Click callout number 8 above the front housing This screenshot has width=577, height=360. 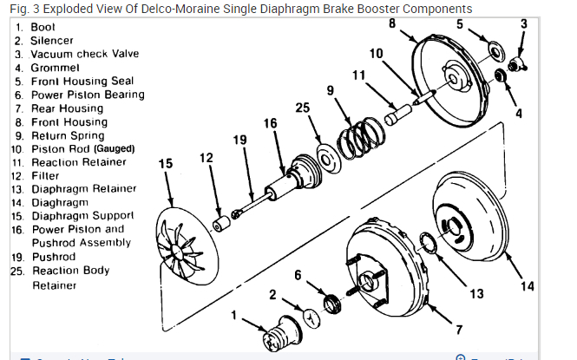pyautogui.click(x=392, y=23)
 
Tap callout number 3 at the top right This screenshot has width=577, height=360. pyautogui.click(x=523, y=23)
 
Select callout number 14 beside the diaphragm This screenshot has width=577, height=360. pyautogui.click(x=528, y=287)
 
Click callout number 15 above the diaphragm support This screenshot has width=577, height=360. pyautogui.click(x=167, y=162)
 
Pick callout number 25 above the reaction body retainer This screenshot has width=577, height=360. pyautogui.click(x=302, y=108)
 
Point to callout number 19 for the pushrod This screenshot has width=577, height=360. pyautogui.click(x=240, y=139)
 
